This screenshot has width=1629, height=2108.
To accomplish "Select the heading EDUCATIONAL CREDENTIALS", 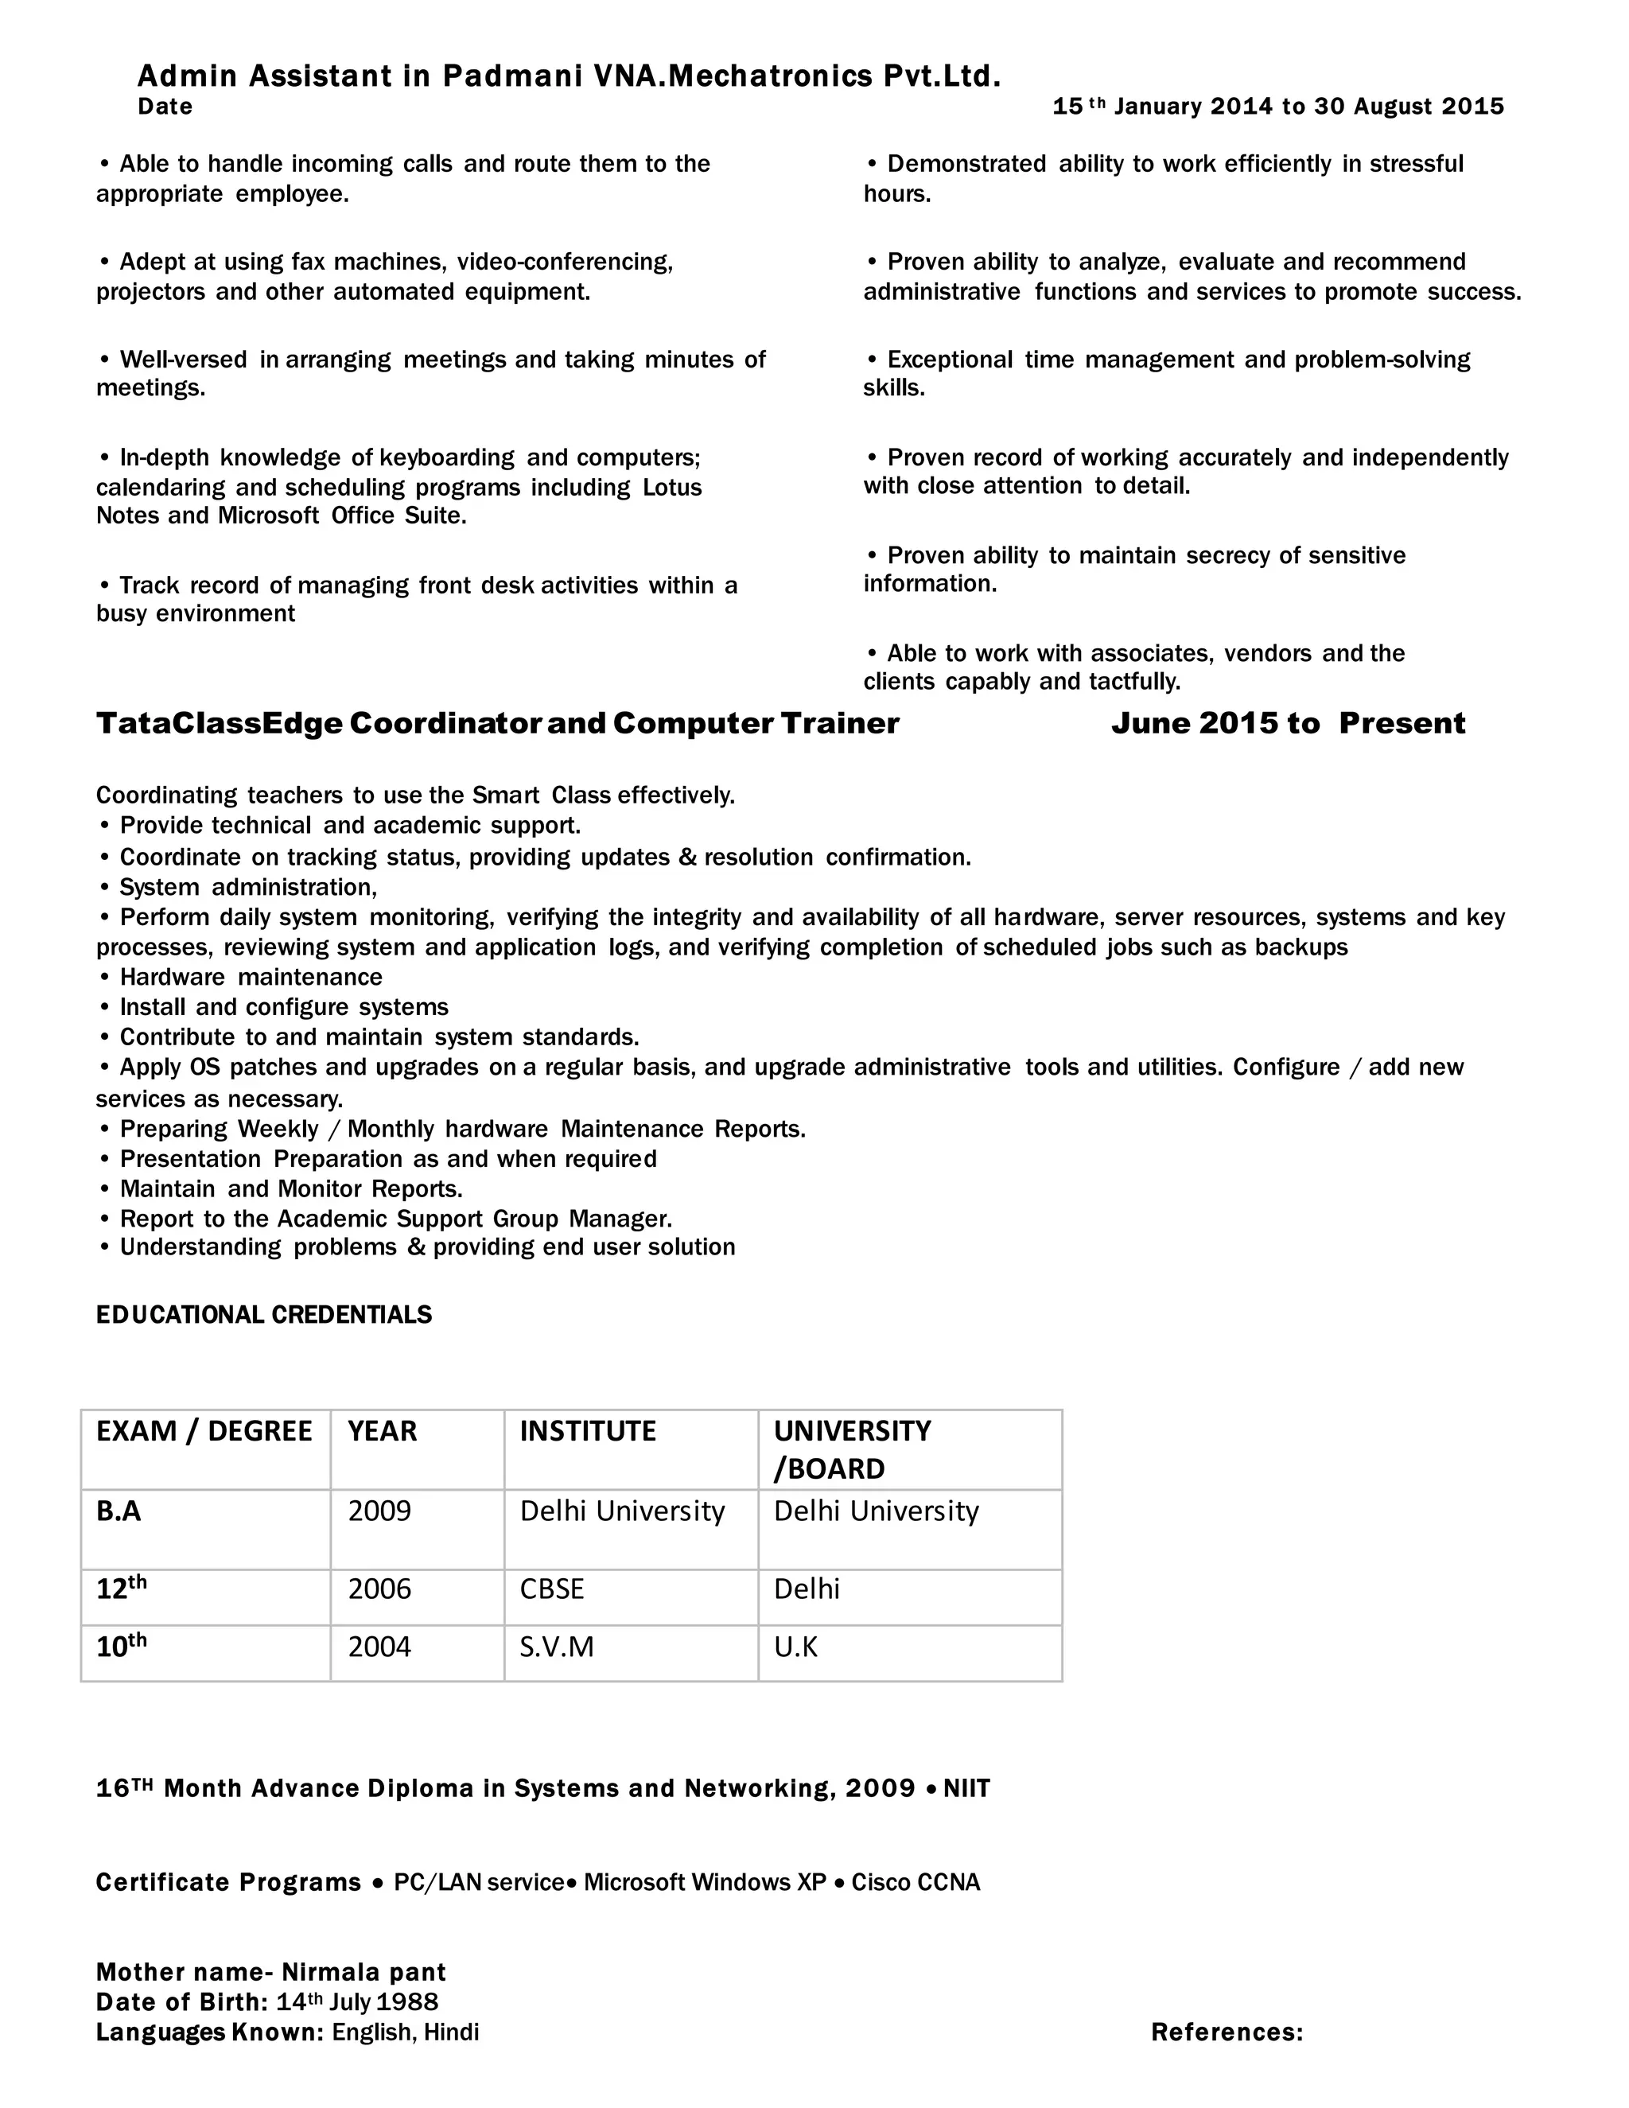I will (x=263, y=1315).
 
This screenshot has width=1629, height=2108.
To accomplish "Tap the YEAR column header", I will (x=382, y=1430).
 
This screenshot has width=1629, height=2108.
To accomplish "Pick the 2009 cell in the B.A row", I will (x=379, y=1511).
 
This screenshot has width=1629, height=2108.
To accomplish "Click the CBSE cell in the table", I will (x=552, y=1589).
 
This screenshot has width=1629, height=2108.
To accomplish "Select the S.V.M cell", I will (x=557, y=1647).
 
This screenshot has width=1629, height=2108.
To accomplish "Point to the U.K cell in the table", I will (x=795, y=1647).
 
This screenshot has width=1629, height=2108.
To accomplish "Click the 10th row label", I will (x=121, y=1646).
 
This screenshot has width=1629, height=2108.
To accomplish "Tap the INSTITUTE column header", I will (x=588, y=1430).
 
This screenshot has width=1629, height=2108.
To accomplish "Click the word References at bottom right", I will (x=1227, y=2032).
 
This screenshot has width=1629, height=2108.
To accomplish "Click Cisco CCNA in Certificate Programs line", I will (x=915, y=1882).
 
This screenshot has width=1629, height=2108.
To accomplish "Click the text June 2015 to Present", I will (x=1288, y=723).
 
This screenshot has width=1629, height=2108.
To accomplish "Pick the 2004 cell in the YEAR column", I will (x=379, y=1647).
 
